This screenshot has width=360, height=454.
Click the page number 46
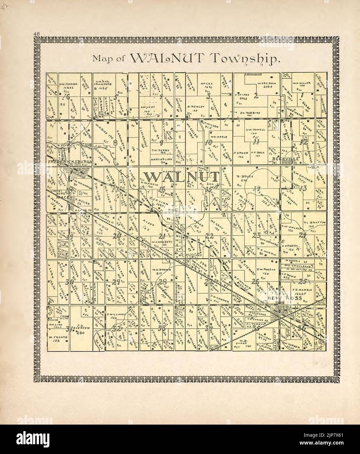pyautogui.click(x=35, y=34)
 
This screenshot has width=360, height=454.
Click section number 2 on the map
pyautogui.click(x=256, y=96)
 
